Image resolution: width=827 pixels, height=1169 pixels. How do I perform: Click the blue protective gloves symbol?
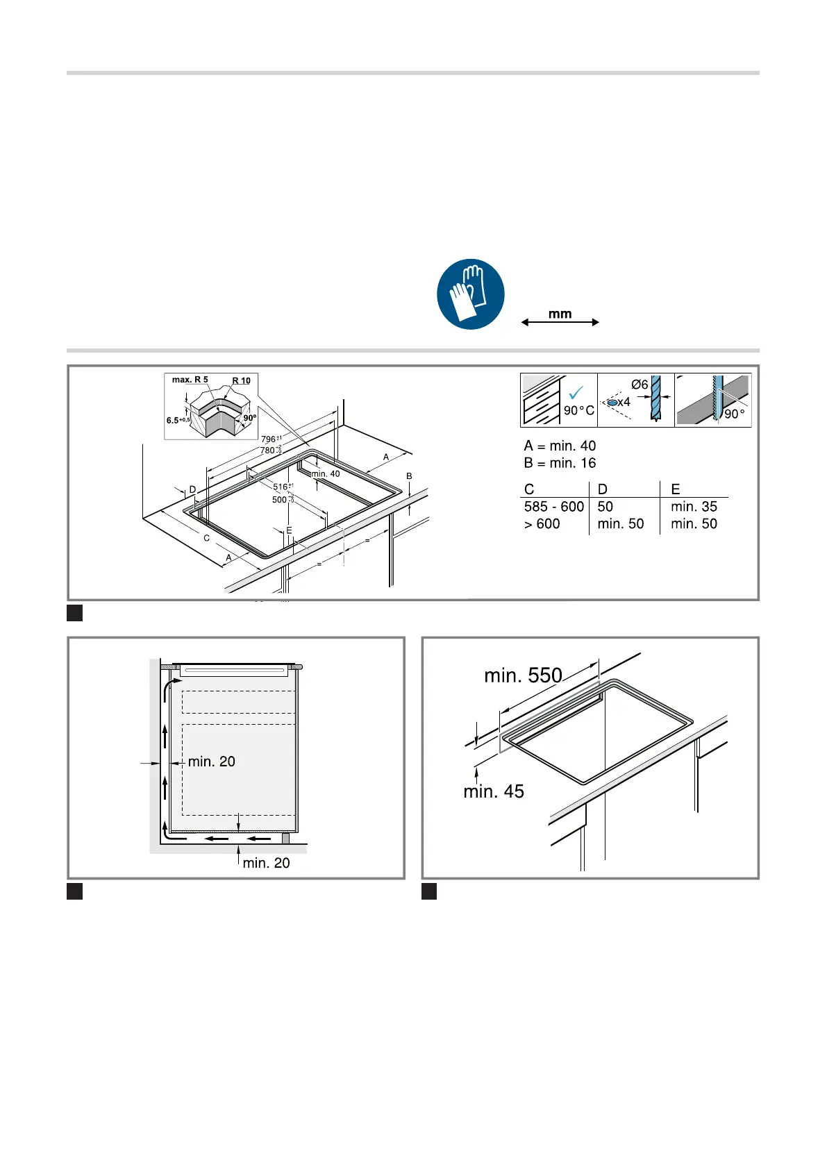[x=471, y=294]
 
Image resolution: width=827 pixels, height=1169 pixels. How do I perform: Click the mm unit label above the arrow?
[x=560, y=314]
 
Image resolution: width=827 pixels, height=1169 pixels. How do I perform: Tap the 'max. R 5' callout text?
[x=190, y=380]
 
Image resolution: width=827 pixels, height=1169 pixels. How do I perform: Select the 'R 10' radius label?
[x=241, y=380]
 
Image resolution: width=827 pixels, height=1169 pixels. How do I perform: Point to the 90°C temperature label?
[x=578, y=410]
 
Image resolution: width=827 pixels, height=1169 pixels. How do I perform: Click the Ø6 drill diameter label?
[x=640, y=385]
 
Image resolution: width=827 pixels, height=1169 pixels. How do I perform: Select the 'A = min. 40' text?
[x=560, y=446]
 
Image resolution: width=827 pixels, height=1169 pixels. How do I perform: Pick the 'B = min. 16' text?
[x=560, y=463]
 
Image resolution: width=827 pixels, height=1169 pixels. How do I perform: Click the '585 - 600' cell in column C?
[x=554, y=507]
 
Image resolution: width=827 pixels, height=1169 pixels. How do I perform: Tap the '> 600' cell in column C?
[x=542, y=524]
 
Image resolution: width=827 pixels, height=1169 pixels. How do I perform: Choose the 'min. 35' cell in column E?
[x=694, y=507]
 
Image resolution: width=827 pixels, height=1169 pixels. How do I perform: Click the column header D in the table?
[x=602, y=489]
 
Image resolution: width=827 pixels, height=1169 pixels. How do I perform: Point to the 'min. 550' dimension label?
[x=523, y=675]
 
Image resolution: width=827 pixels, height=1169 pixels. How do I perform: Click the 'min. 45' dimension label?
[x=494, y=791]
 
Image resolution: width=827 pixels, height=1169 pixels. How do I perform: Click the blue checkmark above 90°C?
[x=576, y=393]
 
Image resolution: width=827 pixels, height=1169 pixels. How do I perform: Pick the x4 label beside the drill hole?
[x=624, y=402]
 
